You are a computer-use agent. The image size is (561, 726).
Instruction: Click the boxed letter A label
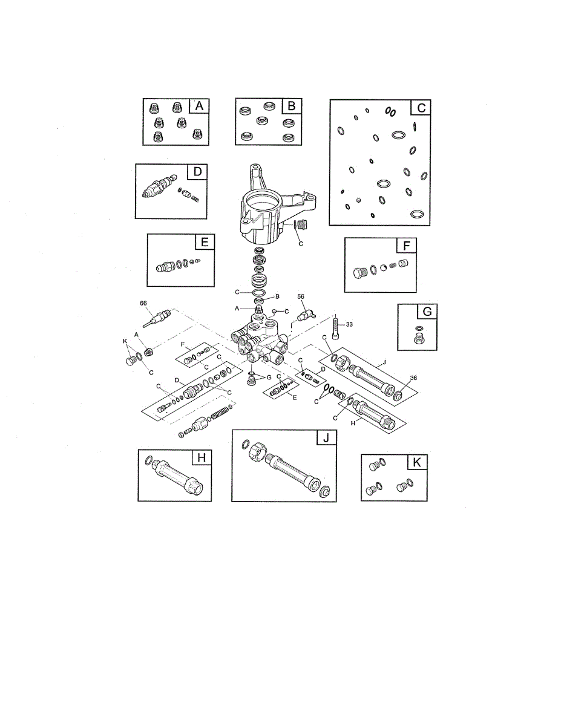199,106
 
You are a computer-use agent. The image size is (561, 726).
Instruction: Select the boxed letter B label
292,106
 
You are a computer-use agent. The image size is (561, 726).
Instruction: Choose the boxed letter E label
205,243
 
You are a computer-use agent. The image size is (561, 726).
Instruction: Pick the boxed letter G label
427,312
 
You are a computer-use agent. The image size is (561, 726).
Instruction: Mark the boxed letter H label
202,458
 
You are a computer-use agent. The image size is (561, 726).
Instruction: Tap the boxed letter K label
417,462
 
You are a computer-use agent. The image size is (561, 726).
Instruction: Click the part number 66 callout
144,302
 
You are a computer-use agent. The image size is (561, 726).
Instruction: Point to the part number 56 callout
300,296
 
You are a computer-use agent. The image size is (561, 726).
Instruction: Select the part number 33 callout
349,324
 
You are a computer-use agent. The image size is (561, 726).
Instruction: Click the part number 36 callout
413,378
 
